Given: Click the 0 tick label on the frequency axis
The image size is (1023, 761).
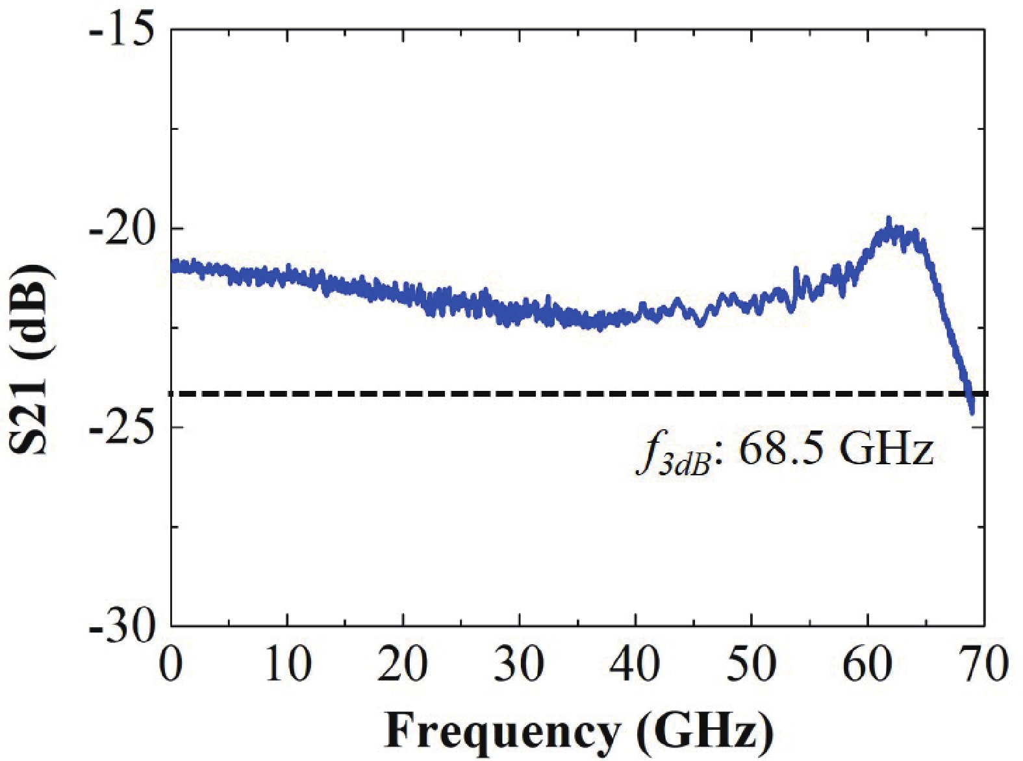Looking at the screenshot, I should [x=171, y=664].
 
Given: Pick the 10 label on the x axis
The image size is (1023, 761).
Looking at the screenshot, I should [x=287, y=664].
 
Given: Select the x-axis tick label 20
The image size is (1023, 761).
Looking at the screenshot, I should [x=403, y=664].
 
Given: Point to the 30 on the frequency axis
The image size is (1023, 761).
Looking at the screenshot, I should [x=519, y=664].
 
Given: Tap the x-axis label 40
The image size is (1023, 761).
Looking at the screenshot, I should [x=635, y=664].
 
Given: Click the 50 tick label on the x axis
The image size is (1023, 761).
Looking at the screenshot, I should [x=751, y=664].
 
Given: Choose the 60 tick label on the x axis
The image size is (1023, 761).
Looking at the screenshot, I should [x=867, y=664].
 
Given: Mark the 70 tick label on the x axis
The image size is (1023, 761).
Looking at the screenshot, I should [x=983, y=664].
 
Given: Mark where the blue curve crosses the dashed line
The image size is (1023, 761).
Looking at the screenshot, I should [x=968, y=393].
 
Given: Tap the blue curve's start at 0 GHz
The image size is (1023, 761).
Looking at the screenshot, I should [x=173, y=266].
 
